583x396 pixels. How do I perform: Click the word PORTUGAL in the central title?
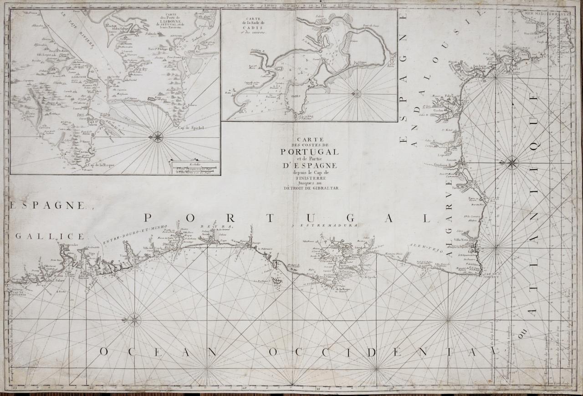click(310, 152)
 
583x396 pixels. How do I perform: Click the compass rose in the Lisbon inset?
click(158, 136)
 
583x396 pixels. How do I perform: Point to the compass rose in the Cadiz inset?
click(357, 94)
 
